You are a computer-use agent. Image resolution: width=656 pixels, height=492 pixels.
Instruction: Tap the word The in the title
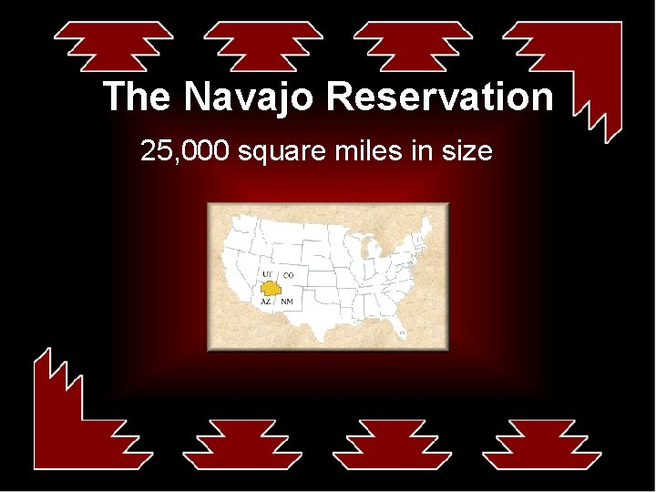[138, 97]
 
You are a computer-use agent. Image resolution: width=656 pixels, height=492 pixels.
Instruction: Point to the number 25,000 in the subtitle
[185, 150]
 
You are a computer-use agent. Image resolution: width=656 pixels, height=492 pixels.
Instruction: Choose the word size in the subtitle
[466, 150]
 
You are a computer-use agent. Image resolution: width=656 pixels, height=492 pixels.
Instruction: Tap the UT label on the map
[267, 274]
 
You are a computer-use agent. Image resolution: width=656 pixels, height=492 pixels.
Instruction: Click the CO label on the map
[288, 274]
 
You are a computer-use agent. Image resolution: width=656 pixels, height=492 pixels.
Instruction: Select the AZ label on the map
[266, 301]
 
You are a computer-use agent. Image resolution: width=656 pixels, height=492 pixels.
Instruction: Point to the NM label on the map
[287, 301]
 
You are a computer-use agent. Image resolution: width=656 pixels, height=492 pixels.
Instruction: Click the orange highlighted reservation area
[270, 287]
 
